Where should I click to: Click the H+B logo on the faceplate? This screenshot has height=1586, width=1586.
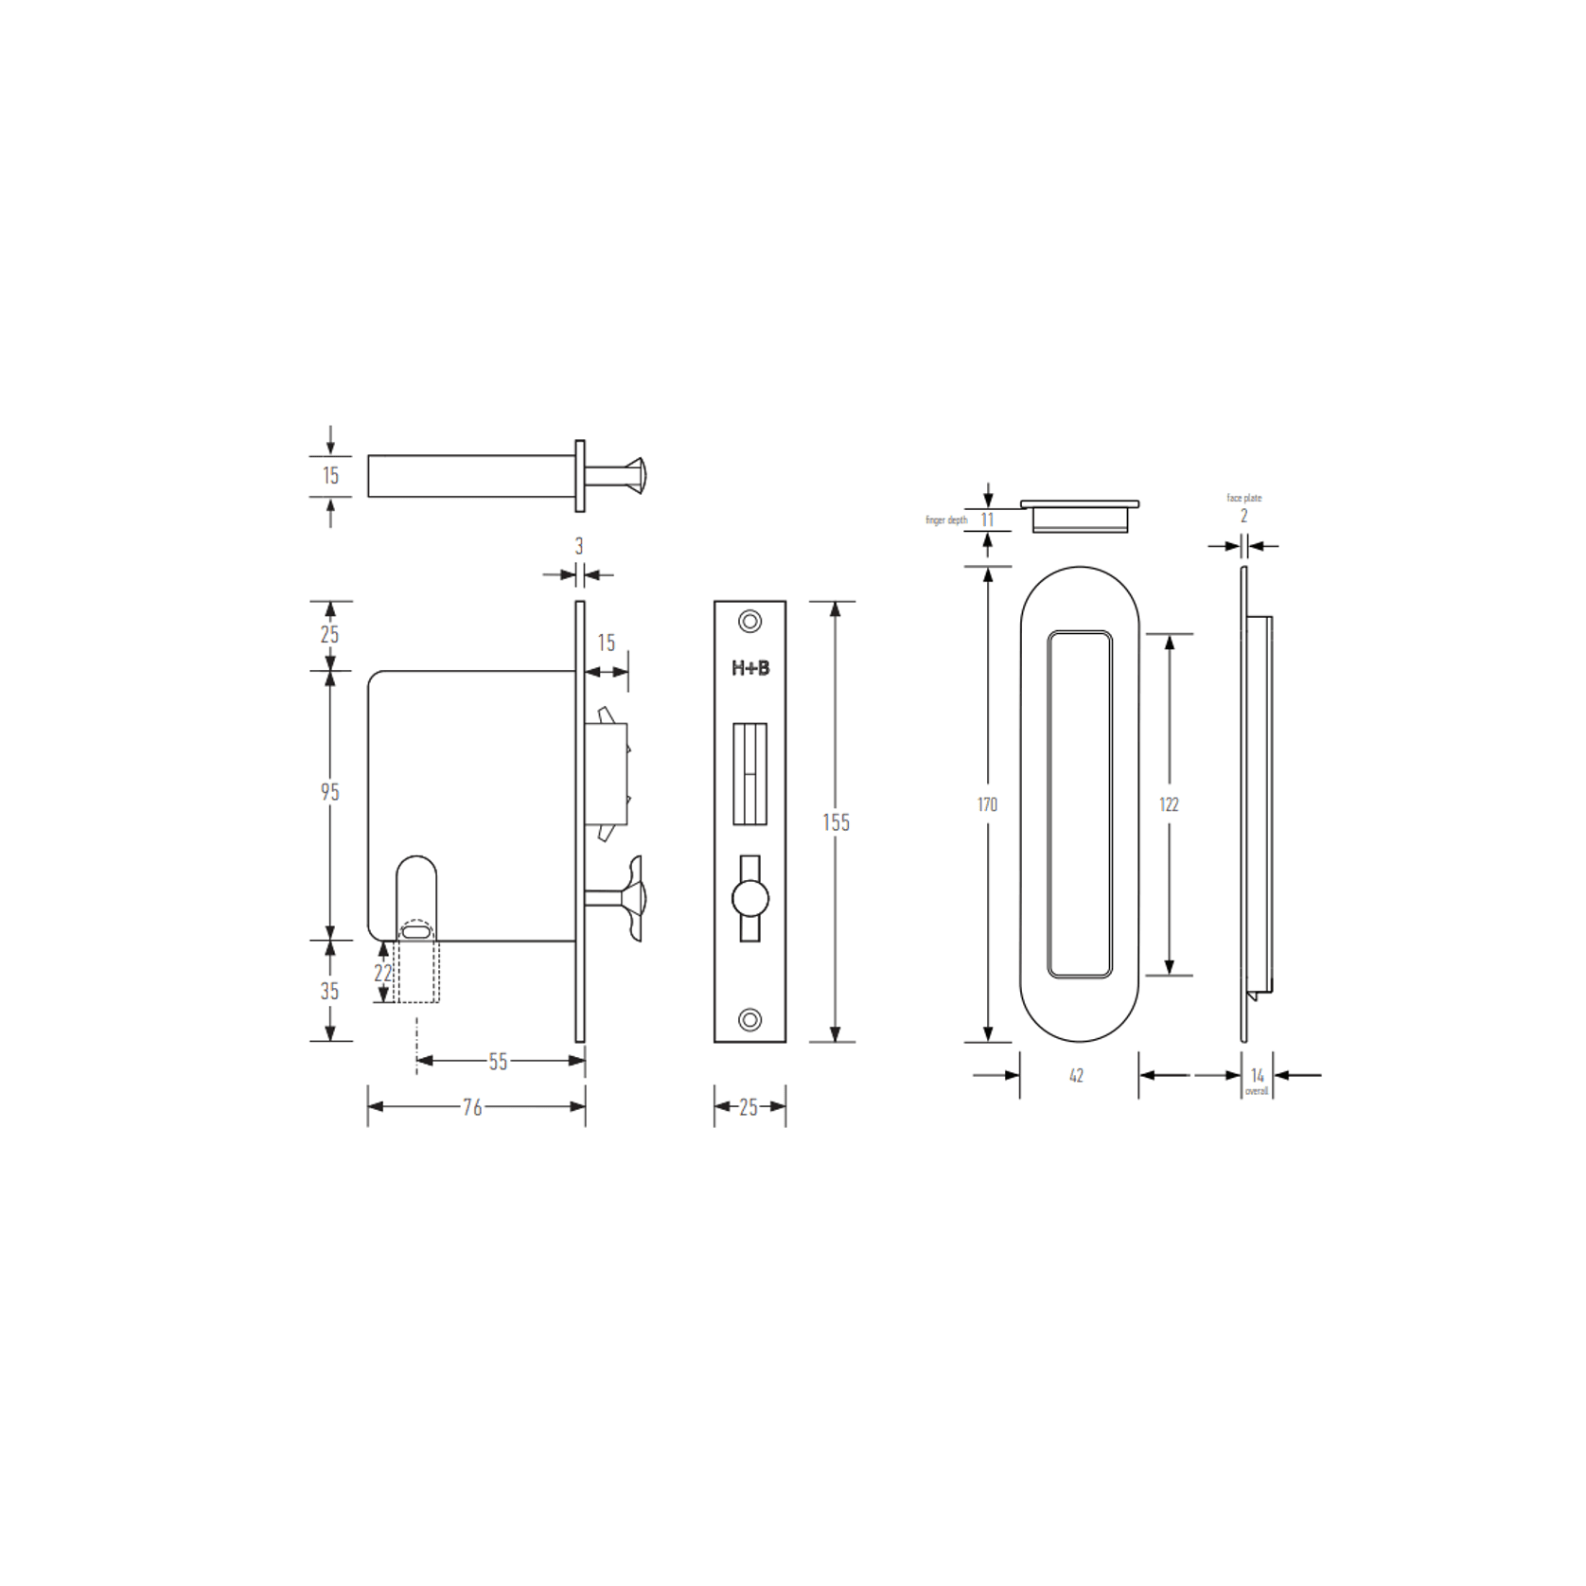[750, 668]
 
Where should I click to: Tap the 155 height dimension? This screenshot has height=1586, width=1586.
[836, 822]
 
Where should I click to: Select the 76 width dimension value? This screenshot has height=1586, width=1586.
[472, 1106]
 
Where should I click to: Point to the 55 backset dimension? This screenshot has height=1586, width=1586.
[499, 1062]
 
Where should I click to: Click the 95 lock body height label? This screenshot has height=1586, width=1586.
[329, 792]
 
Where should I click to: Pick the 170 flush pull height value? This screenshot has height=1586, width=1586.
[987, 804]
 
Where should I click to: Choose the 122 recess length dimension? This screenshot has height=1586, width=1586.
[1169, 804]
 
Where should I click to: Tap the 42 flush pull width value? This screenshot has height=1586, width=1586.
[1076, 1076]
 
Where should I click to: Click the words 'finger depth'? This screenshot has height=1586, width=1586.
[946, 520]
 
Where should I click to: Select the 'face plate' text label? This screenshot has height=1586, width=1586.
[1244, 498]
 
